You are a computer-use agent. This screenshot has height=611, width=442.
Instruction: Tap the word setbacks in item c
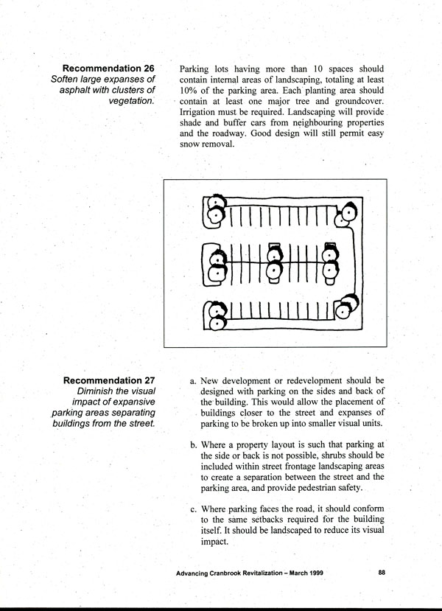click(x=256, y=520)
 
